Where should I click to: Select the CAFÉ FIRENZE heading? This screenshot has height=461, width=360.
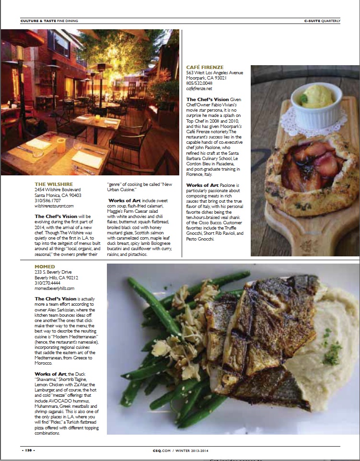205,67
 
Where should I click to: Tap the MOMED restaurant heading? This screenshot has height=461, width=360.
45,266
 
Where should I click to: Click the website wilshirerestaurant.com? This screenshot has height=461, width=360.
54,206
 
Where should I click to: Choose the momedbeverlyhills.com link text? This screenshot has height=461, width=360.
55,288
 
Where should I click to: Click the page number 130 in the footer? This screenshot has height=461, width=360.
28,450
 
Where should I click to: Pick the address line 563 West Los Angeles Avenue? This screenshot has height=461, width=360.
215,73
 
